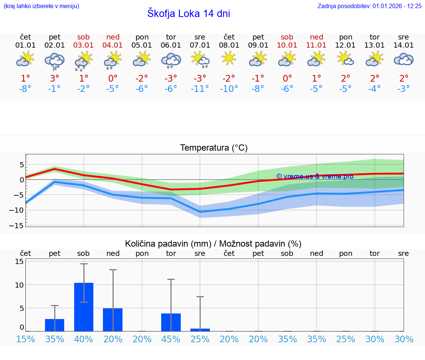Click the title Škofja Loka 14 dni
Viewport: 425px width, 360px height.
tap(189, 14)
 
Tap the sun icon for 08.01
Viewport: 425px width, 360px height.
tap(229, 58)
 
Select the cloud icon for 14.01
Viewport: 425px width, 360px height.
tap(404, 59)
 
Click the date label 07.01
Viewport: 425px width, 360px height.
tap(200, 45)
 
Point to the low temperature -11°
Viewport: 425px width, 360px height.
tap(200, 89)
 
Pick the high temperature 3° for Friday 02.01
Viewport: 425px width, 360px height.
tap(55, 79)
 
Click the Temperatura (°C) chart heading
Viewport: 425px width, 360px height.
tap(214, 148)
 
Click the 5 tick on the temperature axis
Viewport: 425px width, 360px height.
tap(22, 164)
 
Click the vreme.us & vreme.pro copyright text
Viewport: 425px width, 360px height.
tap(315, 176)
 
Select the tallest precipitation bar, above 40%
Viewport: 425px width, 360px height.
tap(84, 307)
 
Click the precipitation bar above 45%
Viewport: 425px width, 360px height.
tap(171, 322)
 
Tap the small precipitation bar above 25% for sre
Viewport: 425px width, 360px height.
tap(200, 330)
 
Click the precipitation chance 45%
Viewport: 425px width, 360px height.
tap(171, 339)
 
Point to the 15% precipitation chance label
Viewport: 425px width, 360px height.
tap(25, 339)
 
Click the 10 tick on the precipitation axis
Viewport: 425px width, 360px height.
tap(19, 285)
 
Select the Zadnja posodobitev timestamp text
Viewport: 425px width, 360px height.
tap(369, 6)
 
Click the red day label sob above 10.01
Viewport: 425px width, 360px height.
tap(287, 37)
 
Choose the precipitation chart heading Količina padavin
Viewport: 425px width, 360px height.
tap(213, 244)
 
